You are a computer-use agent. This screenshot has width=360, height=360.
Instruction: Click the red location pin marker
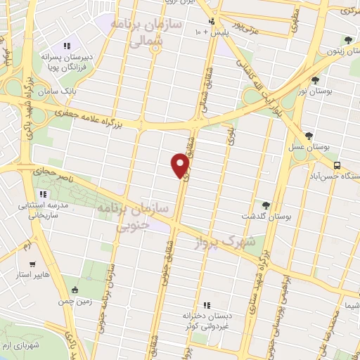click(181, 165)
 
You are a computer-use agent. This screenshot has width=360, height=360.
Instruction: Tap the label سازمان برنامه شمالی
click(150, 32)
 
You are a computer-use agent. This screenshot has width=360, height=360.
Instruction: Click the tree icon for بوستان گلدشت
click(266, 205)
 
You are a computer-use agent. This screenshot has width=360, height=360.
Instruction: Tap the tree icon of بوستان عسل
click(309, 136)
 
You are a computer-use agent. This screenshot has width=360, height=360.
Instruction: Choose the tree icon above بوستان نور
click(314, 80)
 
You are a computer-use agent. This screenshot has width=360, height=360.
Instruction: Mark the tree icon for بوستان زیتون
click(347, 40)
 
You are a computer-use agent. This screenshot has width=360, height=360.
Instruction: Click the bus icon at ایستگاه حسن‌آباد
click(337, 165)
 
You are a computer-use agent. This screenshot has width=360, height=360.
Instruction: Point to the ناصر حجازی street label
click(50, 171)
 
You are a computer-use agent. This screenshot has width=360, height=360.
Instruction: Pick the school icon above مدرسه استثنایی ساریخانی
click(44, 194)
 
